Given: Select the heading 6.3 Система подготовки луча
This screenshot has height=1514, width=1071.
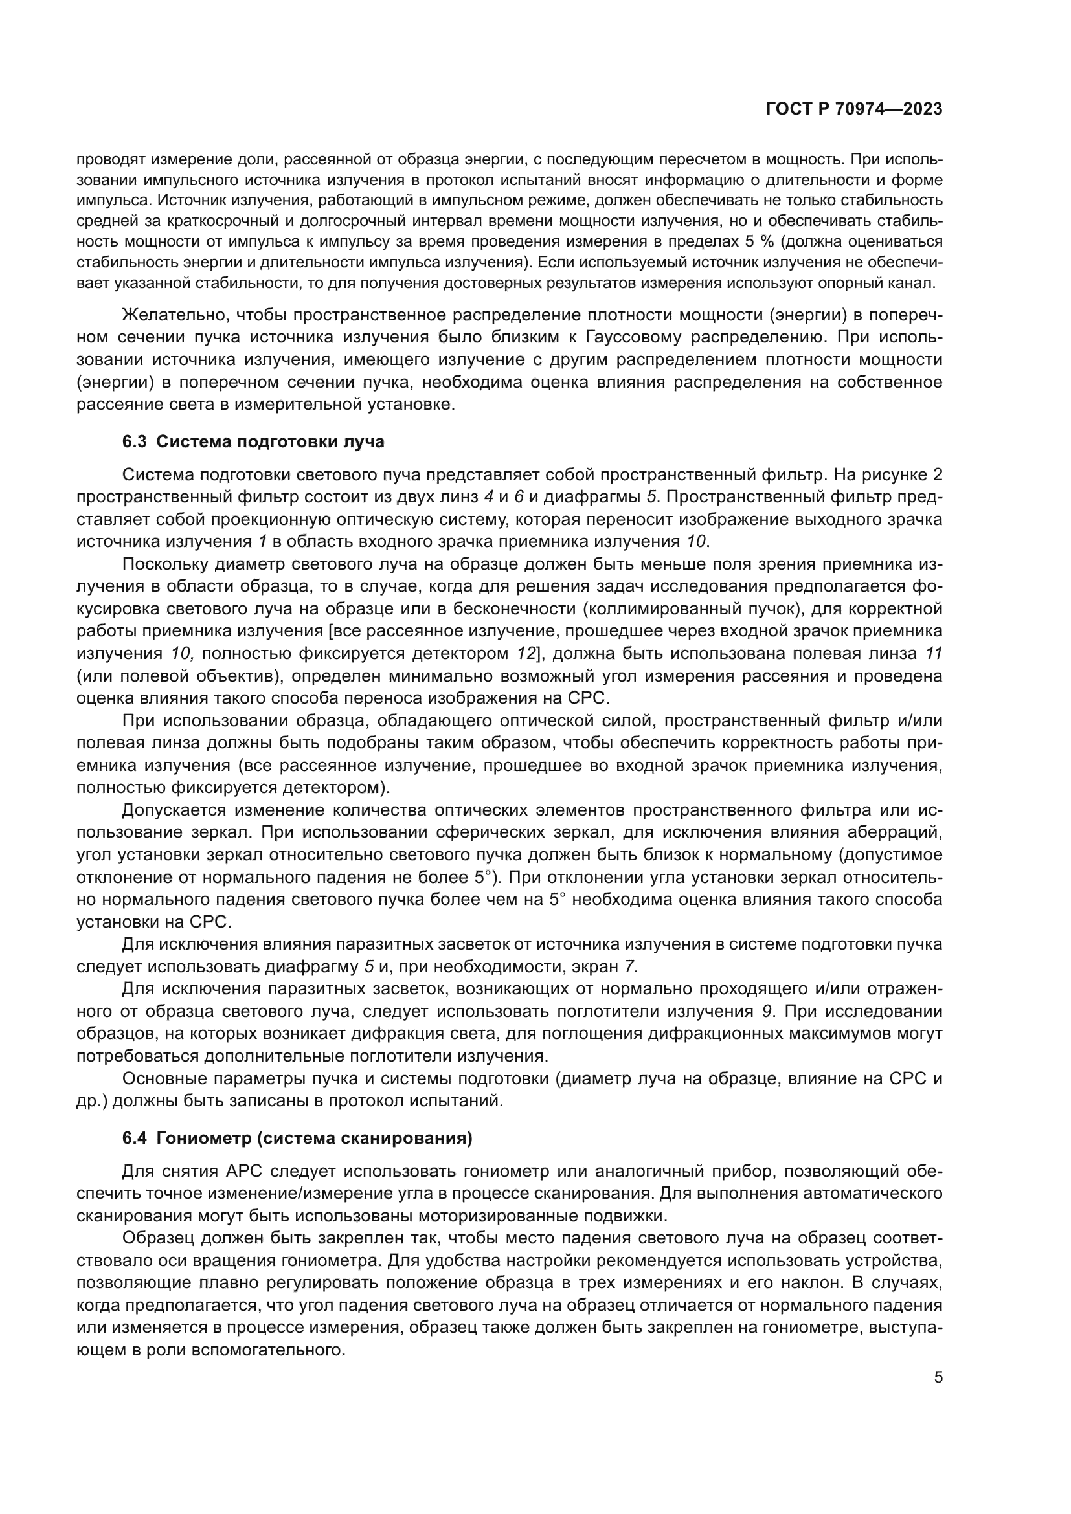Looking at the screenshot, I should (x=253, y=441).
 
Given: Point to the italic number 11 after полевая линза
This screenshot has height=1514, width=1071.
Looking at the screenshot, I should (x=933, y=654).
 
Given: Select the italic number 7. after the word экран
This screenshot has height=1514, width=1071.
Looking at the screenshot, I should (x=631, y=966).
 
